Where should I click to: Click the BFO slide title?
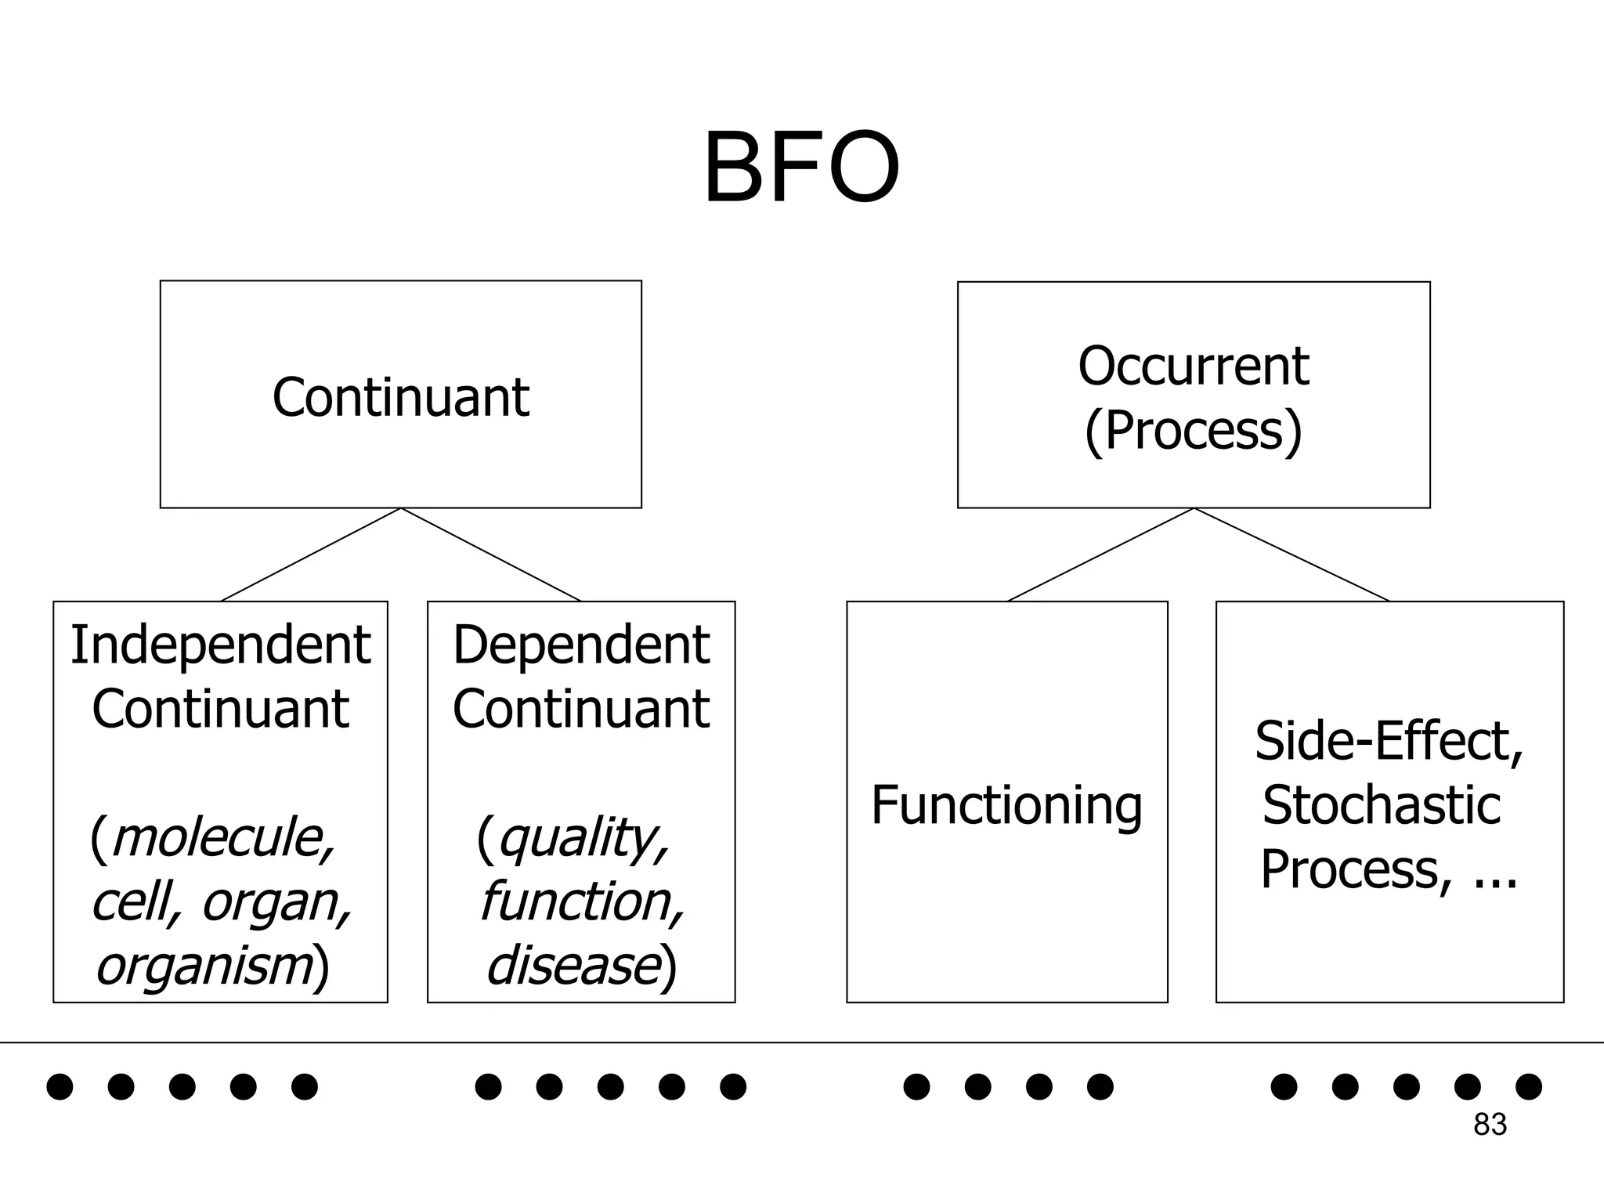pos(800,169)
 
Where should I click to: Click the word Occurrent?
pos(1193,366)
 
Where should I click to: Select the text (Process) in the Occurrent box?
pos(1193,430)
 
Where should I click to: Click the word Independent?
pos(220,645)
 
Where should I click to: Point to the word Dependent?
pos(581,645)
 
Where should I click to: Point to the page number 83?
pos(1490,1125)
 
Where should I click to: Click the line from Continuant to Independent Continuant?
pos(311,555)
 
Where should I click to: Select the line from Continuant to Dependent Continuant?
pos(491,555)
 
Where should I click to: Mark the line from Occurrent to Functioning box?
pos(1100,555)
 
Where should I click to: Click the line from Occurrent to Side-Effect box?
pos(1292,555)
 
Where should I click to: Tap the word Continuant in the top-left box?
pos(400,397)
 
